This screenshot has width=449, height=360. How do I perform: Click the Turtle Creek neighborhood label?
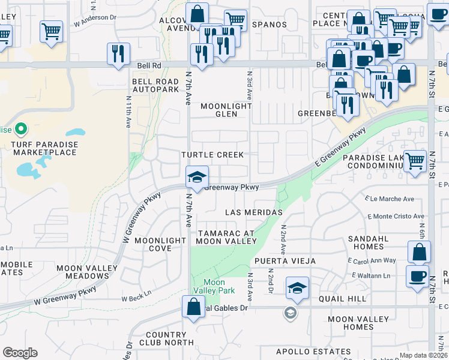pos(212,155)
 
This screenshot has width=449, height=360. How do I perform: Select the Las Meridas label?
pos(253,212)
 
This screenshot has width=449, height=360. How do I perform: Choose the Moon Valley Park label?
pos(214,286)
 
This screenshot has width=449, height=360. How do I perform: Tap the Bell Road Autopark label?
pos(155,85)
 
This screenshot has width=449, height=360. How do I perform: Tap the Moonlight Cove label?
pos(160,244)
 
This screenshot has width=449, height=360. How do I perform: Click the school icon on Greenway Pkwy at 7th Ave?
pos(196,176)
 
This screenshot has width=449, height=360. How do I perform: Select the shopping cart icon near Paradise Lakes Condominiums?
pos(415,161)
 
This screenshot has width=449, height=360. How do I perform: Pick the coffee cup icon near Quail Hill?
pos(417,277)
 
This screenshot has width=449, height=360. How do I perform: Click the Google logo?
pos(20,353)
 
